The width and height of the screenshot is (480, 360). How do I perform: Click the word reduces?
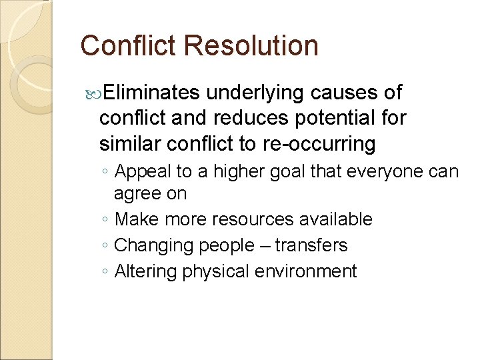tap(247, 117)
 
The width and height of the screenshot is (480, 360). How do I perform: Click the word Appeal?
tap(143, 172)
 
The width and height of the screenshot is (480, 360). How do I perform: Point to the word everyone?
tap(383, 172)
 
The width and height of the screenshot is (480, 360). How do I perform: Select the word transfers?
tap(311, 245)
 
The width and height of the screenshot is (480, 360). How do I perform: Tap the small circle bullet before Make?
tap(106, 220)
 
